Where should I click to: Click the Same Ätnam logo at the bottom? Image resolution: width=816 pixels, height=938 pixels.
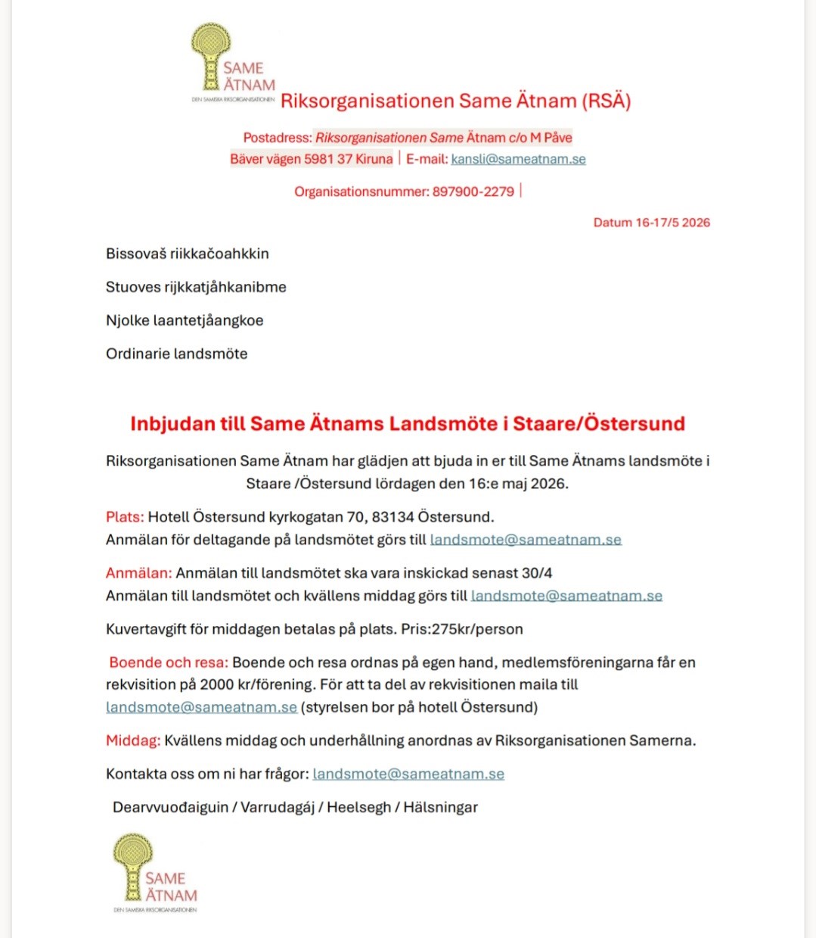[x=155, y=872]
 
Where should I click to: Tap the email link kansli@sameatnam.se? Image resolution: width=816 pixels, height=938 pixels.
[x=518, y=159]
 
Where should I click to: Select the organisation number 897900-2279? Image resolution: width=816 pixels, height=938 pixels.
[x=473, y=192]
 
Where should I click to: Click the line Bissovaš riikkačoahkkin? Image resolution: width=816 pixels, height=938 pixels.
[x=187, y=254]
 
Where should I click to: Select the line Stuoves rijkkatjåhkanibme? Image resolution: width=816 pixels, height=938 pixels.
[x=196, y=287]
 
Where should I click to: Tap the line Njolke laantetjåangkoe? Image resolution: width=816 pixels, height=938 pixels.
[x=185, y=320]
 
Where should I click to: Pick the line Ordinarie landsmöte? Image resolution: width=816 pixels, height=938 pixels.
[x=176, y=354]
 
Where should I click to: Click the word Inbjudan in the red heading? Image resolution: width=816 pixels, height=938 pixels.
[x=172, y=423]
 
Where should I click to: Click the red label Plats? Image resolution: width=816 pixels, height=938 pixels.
[x=125, y=517]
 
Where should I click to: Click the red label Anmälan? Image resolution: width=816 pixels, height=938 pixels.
[x=139, y=573]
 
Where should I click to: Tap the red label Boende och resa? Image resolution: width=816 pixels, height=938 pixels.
[x=168, y=662]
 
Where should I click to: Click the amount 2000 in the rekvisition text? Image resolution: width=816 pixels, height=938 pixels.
[x=217, y=684]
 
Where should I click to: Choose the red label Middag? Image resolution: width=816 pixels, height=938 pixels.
[x=133, y=740]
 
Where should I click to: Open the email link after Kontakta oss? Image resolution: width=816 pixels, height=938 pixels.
[x=408, y=774]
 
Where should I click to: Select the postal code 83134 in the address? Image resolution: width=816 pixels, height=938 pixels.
[x=392, y=517]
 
